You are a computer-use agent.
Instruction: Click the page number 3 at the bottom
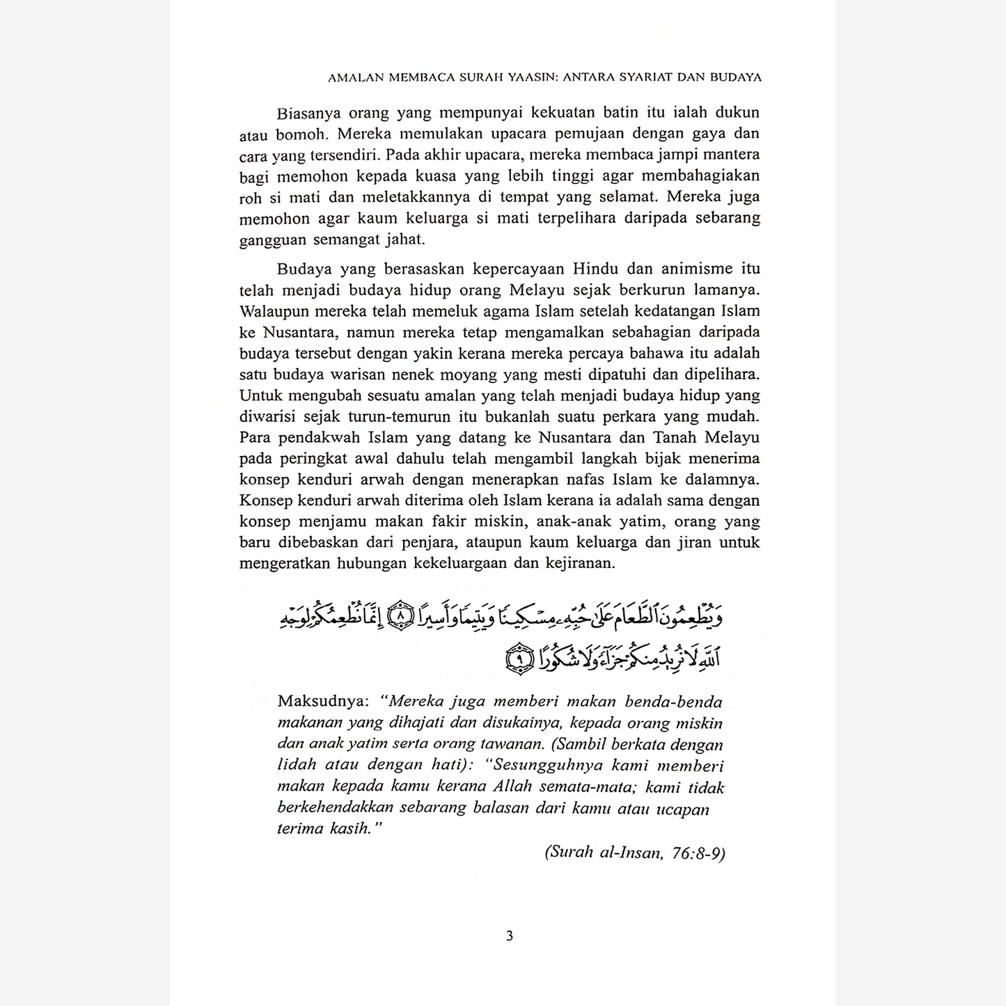point(509,936)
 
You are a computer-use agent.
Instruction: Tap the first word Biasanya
point(307,113)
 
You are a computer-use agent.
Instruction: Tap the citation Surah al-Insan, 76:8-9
point(635,852)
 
